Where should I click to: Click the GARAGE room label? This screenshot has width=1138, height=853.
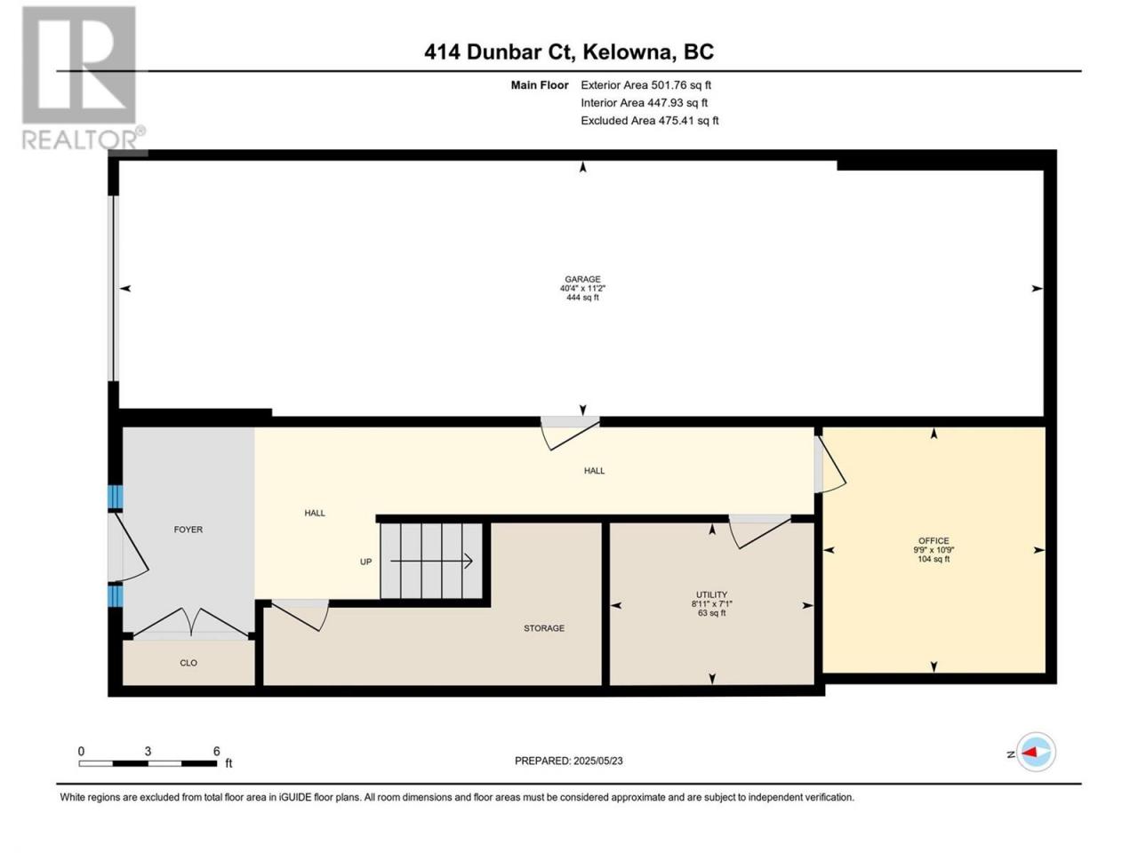[582, 279]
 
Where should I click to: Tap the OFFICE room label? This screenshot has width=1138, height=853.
[934, 541]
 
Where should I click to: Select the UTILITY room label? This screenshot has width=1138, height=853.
[711, 594]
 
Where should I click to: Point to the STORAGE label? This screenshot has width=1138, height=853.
[544, 628]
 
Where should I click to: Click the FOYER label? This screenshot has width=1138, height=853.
[188, 530]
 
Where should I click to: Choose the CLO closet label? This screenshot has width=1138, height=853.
[188, 663]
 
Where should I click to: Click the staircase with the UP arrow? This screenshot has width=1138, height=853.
[431, 561]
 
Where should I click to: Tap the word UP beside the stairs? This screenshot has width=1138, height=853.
[365, 562]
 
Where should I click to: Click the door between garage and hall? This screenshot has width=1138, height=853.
[570, 433]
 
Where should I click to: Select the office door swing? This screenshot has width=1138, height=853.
[829, 465]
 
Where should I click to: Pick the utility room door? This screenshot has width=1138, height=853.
[760, 531]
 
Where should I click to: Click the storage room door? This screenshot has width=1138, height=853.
[301, 615]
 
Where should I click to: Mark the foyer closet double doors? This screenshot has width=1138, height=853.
[191, 622]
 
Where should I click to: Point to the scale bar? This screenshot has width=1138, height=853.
[148, 763]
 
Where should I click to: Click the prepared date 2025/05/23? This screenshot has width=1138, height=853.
[597, 761]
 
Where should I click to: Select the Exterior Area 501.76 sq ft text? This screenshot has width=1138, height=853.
[646, 85]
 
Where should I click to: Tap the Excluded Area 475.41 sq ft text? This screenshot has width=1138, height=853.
[650, 121]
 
